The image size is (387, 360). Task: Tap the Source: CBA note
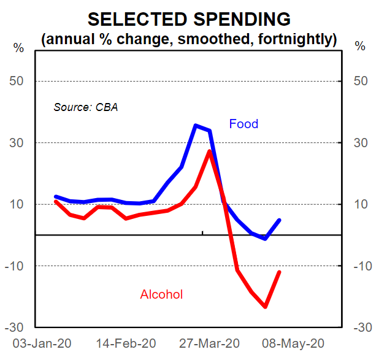pos(85,107)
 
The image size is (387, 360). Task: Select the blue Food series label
pos(243,124)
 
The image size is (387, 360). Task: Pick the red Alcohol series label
pos(161,294)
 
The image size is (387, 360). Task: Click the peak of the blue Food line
pos(196,126)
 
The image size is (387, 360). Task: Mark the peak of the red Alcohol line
pos(210,151)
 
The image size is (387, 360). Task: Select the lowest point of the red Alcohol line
pos(266,307)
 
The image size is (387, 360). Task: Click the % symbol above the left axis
pos(18,47)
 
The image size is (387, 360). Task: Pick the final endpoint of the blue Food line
pos(280,220)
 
